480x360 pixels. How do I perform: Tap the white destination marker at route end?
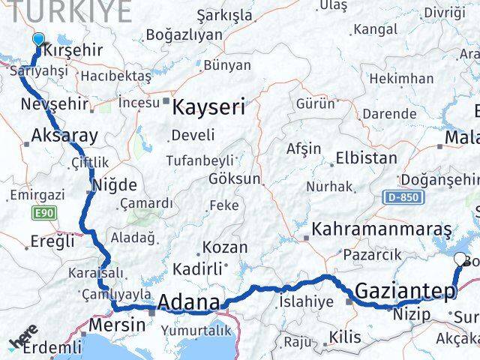coord(460,260)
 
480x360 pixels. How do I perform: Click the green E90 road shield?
coord(43,214)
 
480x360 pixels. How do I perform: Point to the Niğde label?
coord(114,184)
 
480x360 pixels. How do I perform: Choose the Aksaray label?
coord(65,136)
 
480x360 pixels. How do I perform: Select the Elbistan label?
coord(366,158)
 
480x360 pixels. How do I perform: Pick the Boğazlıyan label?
coord(184,34)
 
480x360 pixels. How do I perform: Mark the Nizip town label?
coord(413,313)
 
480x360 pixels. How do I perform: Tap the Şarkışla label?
coord(224,15)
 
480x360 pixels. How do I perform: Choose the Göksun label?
coord(235,179)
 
